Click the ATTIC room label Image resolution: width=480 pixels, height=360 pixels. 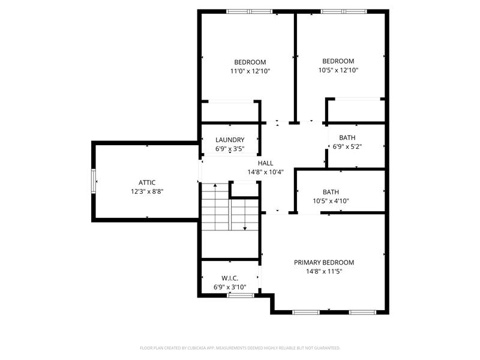147,182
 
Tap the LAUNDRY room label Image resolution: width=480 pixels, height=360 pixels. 230,140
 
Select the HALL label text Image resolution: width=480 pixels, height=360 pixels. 265,163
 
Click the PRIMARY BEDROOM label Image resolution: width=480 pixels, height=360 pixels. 323,262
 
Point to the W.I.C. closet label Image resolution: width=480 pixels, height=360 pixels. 230,278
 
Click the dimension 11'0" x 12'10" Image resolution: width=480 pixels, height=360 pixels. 250,71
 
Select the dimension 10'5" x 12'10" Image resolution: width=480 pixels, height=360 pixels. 338,70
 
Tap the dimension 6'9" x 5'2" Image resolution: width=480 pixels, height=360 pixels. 347,146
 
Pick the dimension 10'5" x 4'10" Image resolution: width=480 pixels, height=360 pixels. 331,201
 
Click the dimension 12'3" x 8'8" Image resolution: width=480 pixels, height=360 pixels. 147,191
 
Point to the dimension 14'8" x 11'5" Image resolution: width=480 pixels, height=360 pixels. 323,271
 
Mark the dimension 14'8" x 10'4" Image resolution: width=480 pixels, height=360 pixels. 265,172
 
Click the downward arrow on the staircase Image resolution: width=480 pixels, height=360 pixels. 245,227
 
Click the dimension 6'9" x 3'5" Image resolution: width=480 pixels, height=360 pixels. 230,149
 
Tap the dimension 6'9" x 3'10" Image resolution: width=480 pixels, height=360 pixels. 230,287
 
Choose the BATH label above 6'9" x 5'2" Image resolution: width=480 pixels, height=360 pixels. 347,137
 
